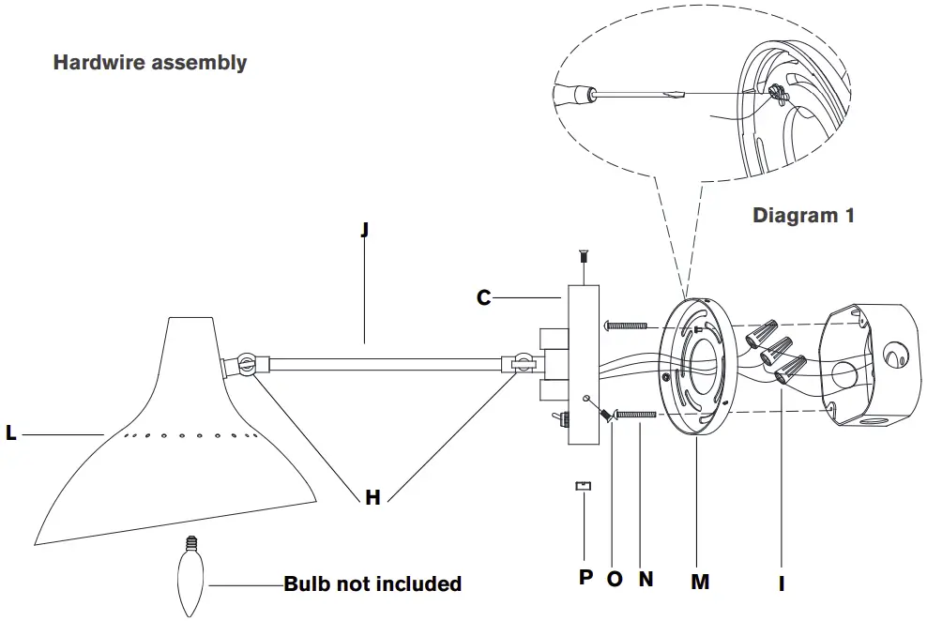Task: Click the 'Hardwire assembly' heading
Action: (x=150, y=63)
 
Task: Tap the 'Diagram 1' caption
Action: (x=803, y=215)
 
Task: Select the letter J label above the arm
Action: (x=364, y=230)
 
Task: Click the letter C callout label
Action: (x=483, y=298)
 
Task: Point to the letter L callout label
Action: (x=11, y=434)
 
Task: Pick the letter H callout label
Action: (x=372, y=498)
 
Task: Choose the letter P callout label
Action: (x=585, y=578)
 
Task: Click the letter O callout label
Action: (x=615, y=579)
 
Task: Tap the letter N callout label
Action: (x=646, y=579)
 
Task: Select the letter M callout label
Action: (x=700, y=582)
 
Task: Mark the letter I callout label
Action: (x=782, y=583)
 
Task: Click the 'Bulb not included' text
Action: (x=372, y=583)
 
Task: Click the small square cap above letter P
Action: (x=584, y=486)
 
